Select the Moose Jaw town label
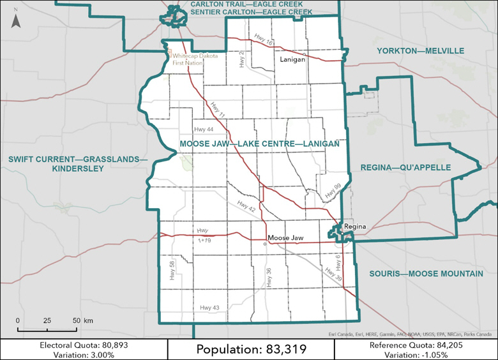tap(285, 237)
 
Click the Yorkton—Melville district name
tap(420, 50)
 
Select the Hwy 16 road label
tap(262, 40)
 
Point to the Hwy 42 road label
tap(246, 206)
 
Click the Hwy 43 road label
tap(209, 308)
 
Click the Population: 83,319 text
tap(251, 349)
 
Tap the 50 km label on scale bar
tap(80, 320)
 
